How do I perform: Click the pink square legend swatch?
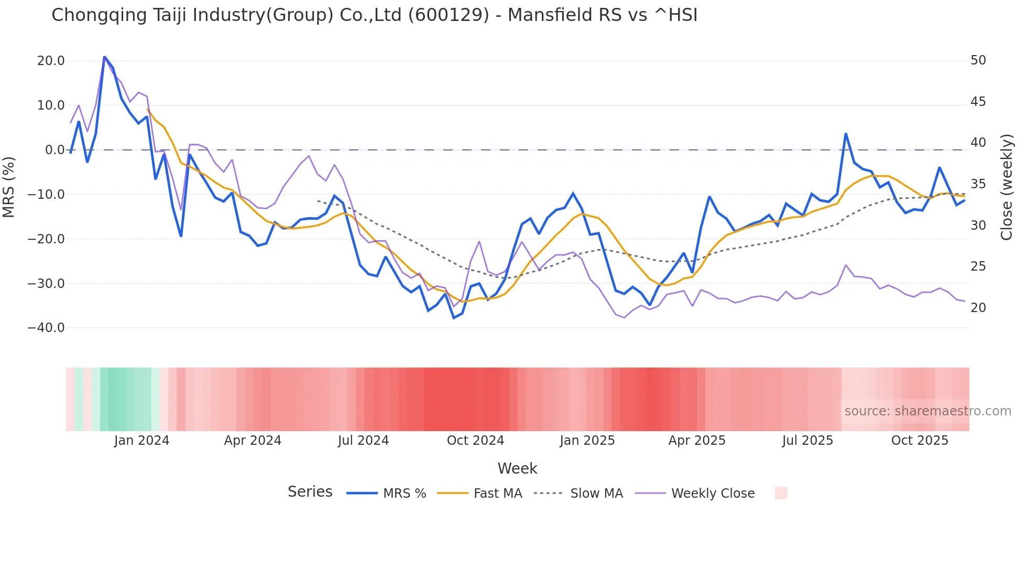[x=781, y=493]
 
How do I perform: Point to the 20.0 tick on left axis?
[x=51, y=61]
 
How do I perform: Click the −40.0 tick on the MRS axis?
[x=46, y=328]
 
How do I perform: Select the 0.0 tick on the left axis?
[x=54, y=150]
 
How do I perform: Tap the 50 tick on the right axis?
[x=978, y=60]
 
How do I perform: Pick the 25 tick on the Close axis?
[x=978, y=266]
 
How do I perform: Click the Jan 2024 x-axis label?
[x=141, y=441]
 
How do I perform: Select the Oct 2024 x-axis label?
[x=475, y=441]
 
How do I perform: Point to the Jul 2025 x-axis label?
[x=807, y=441]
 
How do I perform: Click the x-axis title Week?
[x=517, y=468]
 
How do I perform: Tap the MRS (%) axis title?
[x=9, y=187]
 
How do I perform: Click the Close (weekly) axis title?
[x=1006, y=187]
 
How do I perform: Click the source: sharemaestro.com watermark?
[x=927, y=411]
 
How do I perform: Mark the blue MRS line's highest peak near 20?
[x=104, y=57]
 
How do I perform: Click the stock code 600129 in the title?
[x=449, y=15]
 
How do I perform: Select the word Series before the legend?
[x=310, y=492]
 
